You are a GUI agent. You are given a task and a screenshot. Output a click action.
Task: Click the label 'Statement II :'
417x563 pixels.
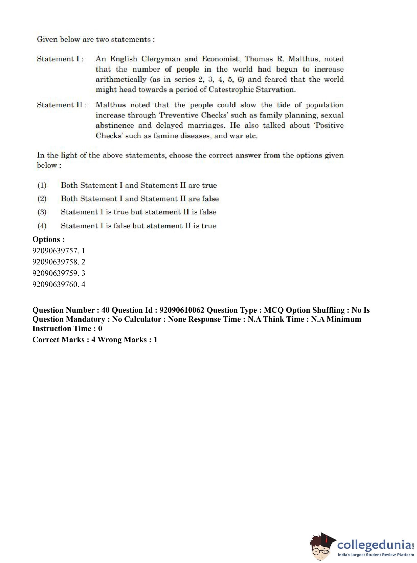[62, 105]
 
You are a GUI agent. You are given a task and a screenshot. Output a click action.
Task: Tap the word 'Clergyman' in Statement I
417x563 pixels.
[161, 59]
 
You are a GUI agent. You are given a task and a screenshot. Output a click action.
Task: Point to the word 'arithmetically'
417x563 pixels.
[121, 79]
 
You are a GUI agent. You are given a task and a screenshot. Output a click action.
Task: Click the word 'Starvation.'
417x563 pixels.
[276, 90]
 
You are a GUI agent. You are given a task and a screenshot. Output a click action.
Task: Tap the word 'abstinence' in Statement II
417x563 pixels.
[115, 126]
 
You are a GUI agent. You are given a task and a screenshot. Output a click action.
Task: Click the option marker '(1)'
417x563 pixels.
[42, 186]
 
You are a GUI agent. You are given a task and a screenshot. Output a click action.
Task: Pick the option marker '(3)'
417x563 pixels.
[42, 212]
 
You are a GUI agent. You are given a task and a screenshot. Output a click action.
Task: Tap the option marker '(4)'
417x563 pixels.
[42, 226]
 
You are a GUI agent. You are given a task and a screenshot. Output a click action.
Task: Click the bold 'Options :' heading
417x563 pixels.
[48, 239]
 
